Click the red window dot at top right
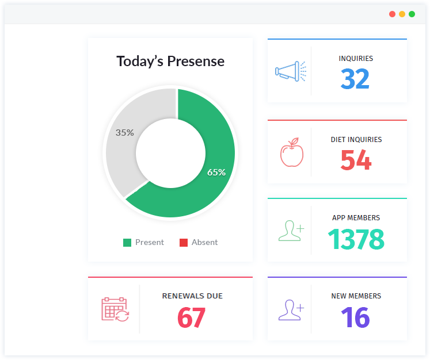click(x=392, y=14)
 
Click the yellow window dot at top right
click(x=402, y=14)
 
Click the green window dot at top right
click(x=412, y=14)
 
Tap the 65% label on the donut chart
click(x=216, y=172)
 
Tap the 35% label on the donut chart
click(x=124, y=132)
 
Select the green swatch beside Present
click(x=127, y=243)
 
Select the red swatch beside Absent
click(x=184, y=243)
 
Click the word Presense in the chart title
click(x=196, y=62)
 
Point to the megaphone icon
click(x=290, y=71)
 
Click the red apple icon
click(x=291, y=152)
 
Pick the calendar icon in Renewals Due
click(x=115, y=309)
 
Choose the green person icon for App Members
click(x=291, y=231)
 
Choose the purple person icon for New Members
click(x=291, y=309)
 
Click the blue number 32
click(x=355, y=79)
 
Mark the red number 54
click(x=356, y=160)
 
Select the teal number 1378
click(x=356, y=239)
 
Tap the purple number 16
click(x=355, y=317)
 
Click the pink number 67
click(x=191, y=317)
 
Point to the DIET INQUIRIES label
click(x=356, y=140)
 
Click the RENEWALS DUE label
click(x=192, y=296)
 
